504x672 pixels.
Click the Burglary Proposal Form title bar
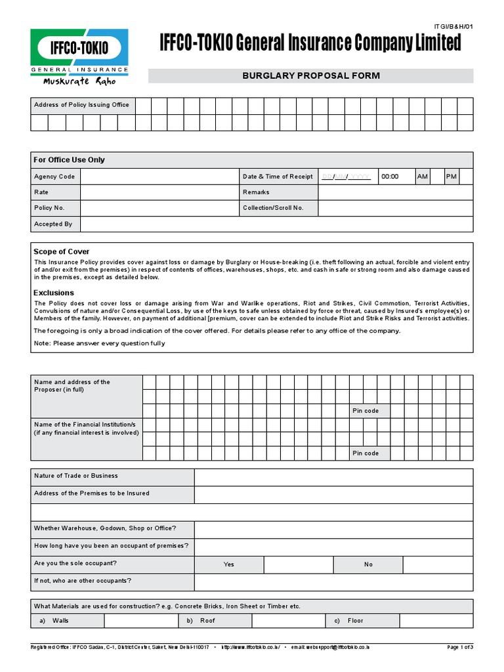[x=310, y=75]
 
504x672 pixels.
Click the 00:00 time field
[x=396, y=177]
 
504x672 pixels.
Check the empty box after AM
[x=438, y=177]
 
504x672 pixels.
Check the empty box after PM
[x=467, y=177]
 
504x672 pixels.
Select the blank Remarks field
[x=395, y=192]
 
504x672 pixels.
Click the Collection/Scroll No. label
[x=273, y=208]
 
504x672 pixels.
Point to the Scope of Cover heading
[x=61, y=251]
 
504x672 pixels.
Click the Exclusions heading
[x=54, y=293]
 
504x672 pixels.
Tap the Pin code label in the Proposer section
[x=366, y=411]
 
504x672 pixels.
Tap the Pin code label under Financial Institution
[x=366, y=453]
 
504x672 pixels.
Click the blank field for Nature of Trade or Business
[x=333, y=476]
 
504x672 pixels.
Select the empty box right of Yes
[x=299, y=564]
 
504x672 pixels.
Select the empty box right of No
[x=438, y=564]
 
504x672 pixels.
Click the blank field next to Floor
[x=436, y=621]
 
